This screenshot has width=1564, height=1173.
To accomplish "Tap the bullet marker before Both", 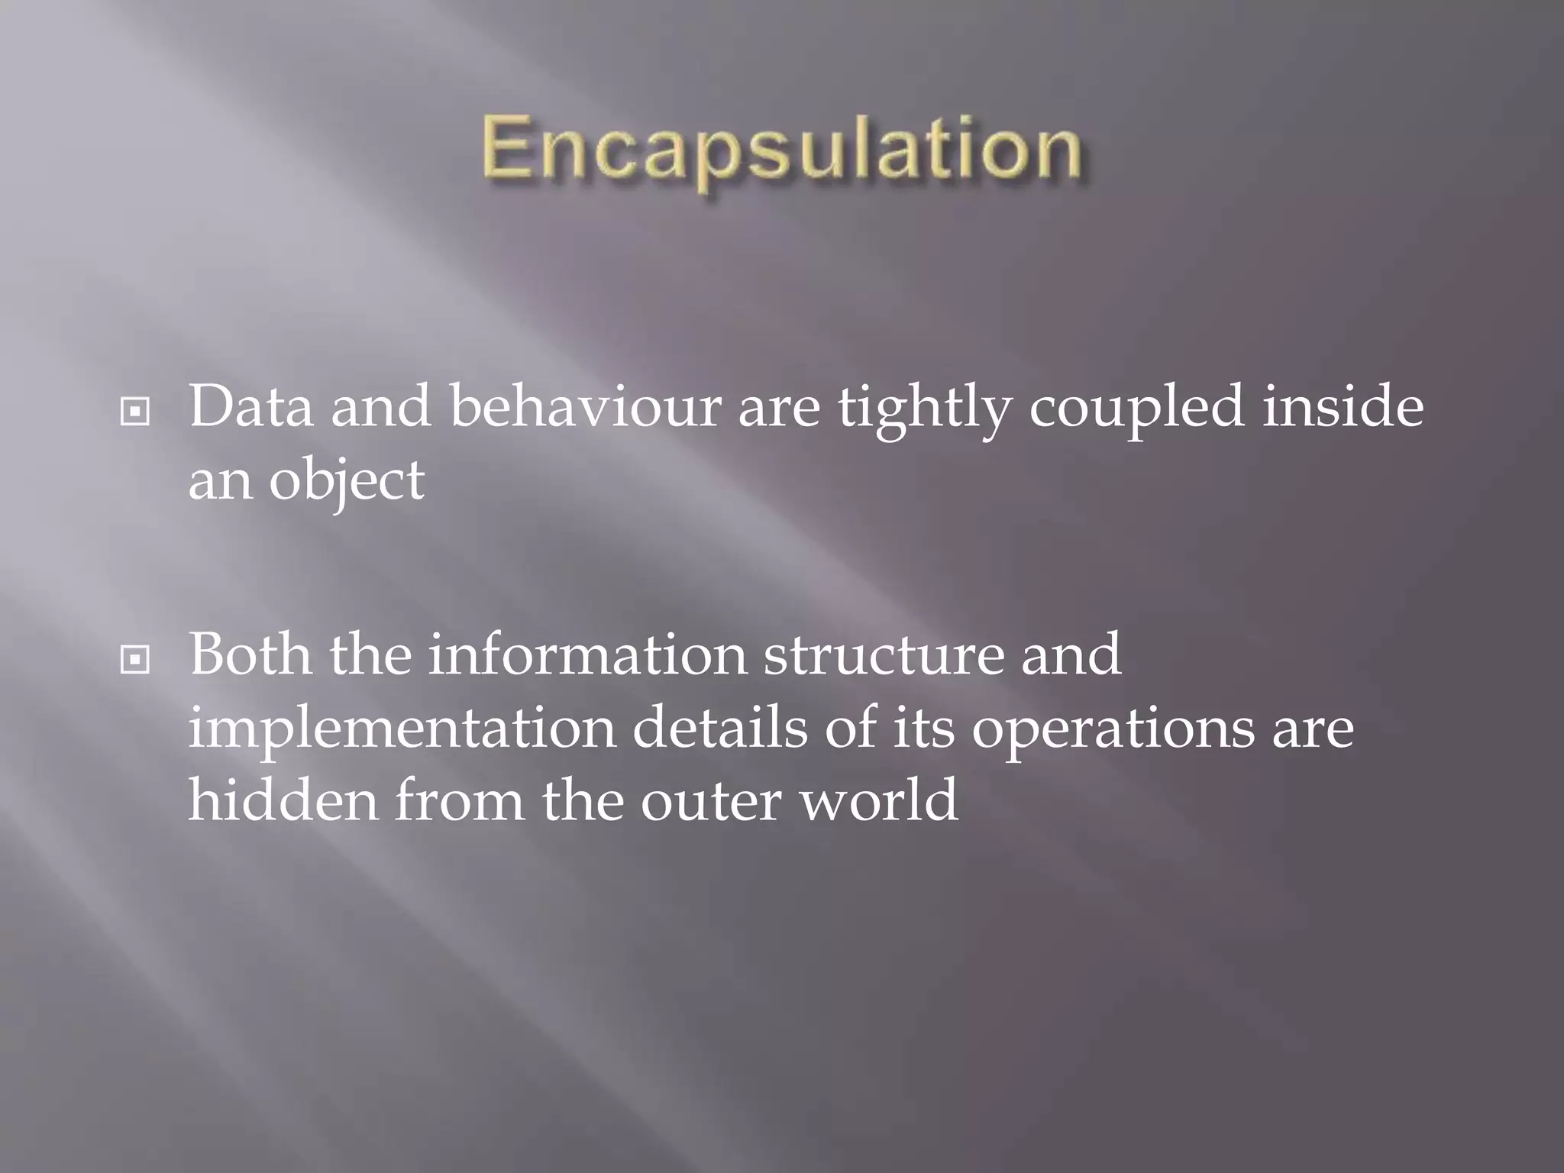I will [x=135, y=660].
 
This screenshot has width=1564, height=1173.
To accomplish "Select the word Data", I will [x=250, y=407].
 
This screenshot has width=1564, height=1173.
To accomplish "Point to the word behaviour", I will [x=585, y=407].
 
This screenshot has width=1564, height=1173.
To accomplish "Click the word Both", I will [x=250, y=654].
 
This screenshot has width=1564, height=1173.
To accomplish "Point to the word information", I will [x=586, y=654].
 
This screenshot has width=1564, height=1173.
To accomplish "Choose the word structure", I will [x=884, y=654].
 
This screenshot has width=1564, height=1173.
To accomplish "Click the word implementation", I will [x=402, y=730].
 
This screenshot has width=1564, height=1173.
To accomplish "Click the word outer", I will [x=711, y=802].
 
